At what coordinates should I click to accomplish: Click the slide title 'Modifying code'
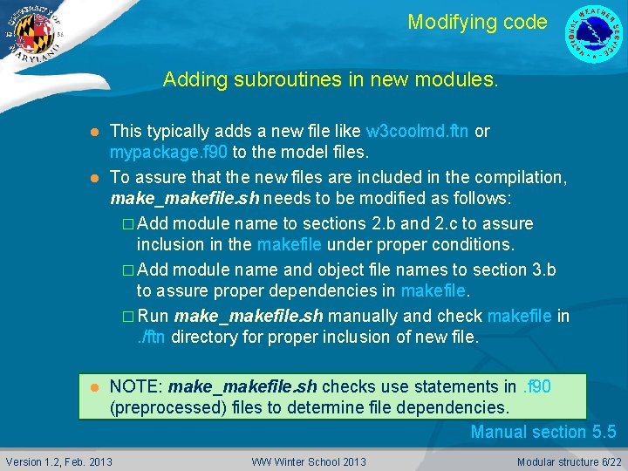click(477, 22)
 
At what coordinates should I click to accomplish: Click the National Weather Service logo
click(596, 35)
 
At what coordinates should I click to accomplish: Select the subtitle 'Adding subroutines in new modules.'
click(331, 81)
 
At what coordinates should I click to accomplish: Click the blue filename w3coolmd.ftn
click(418, 132)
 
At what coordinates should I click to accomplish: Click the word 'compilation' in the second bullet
click(517, 178)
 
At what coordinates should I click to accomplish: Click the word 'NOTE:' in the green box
click(135, 386)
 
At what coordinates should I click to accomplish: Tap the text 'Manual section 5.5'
click(543, 432)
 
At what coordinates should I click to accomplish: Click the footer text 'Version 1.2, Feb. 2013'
click(59, 461)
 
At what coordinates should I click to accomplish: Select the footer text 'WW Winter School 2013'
click(309, 461)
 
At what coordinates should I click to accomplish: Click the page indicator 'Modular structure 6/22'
click(570, 461)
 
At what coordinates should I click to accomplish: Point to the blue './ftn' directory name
click(152, 337)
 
